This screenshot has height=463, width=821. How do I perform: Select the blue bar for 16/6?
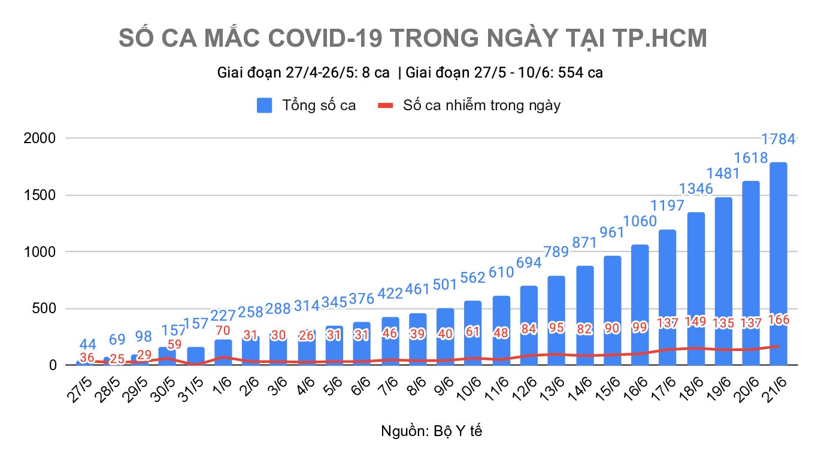tap(640, 299)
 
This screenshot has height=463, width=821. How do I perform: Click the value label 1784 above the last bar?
tap(778, 140)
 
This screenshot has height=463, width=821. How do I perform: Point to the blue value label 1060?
tap(640, 222)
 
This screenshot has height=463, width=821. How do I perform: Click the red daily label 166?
tap(778, 320)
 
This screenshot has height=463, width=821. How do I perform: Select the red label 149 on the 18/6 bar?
tap(695, 322)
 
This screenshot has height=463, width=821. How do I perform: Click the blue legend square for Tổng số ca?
tap(265, 105)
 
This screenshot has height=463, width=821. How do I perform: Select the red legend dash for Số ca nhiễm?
tap(386, 105)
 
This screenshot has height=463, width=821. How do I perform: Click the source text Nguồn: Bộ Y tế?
tap(431, 431)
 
